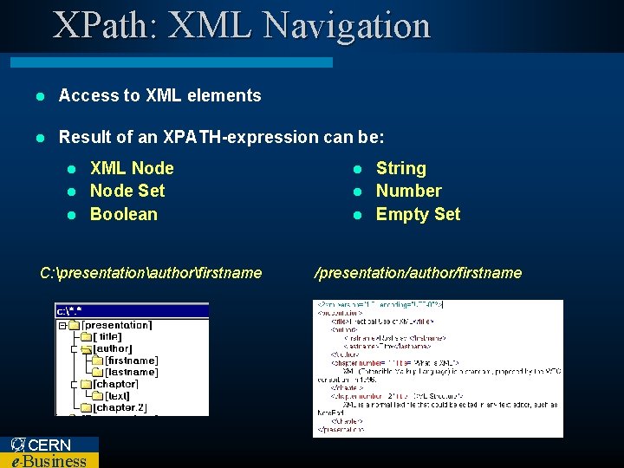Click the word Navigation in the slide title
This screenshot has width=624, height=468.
pyautogui.click(x=348, y=25)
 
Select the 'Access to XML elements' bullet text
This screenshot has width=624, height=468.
pyautogui.click(x=159, y=96)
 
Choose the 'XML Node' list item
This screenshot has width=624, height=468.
pyautogui.click(x=132, y=168)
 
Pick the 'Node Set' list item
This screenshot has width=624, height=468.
pyautogui.click(x=127, y=191)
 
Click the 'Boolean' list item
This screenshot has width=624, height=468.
pyautogui.click(x=124, y=214)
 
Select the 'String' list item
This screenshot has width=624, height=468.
pyautogui.click(x=400, y=168)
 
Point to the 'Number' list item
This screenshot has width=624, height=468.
pyautogui.click(x=408, y=191)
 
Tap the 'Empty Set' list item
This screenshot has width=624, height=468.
pyautogui.click(x=418, y=214)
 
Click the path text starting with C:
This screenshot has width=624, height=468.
pyautogui.click(x=151, y=273)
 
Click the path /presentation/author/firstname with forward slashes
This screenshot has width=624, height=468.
pyautogui.click(x=418, y=273)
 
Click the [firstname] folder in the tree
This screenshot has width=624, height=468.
pyautogui.click(x=130, y=361)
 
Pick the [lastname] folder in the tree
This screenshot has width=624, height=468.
pyautogui.click(x=130, y=372)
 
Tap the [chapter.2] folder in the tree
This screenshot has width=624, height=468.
pyautogui.click(x=120, y=407)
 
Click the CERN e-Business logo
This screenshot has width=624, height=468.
pyautogui.click(x=49, y=452)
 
